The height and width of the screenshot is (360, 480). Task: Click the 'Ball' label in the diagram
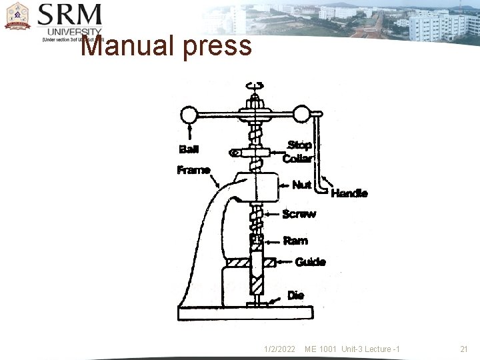[189, 149]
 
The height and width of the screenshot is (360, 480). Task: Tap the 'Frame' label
[193, 170]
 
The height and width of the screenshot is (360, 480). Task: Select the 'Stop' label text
[299, 145]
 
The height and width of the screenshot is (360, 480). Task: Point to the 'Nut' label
[302, 185]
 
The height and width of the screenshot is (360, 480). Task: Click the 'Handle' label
[349, 193]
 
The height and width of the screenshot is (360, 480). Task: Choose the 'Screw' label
[299, 214]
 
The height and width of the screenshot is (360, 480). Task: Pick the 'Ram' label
[295, 240]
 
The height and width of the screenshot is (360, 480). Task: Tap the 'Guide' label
[310, 261]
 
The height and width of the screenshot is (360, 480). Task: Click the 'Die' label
[296, 295]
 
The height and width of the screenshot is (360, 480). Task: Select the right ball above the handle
[303, 114]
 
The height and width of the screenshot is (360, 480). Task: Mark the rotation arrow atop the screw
[255, 85]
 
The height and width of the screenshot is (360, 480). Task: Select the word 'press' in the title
[221, 46]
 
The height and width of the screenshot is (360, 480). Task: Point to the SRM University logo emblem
[17, 16]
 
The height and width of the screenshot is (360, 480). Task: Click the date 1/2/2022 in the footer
[279, 349]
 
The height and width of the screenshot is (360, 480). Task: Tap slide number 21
[464, 349]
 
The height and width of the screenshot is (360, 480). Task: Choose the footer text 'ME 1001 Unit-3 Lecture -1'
[352, 349]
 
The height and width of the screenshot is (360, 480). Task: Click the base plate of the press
[245, 311]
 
